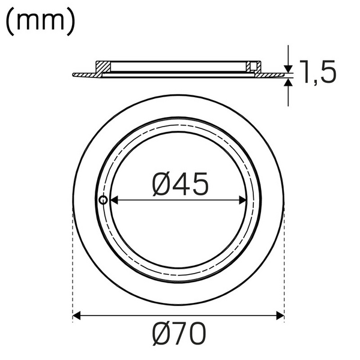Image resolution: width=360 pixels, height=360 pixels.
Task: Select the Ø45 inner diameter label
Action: (180, 184)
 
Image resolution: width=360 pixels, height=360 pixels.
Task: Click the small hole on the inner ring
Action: (103, 200)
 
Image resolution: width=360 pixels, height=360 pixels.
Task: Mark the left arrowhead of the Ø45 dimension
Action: (113, 200)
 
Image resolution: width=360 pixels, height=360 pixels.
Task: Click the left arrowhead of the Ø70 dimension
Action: (77, 314)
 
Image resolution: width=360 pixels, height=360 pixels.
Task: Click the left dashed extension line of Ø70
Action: (73, 264)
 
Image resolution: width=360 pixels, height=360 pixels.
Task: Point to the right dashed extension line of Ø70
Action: (284, 264)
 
